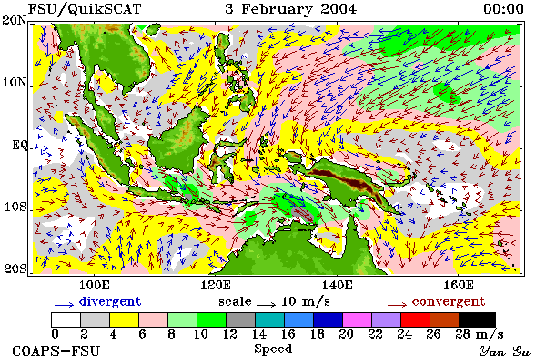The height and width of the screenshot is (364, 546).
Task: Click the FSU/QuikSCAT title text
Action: [x=85, y=9]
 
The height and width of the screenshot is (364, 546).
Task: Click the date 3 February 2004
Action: [x=291, y=9]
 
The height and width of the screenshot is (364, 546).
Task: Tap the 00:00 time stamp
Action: [x=503, y=9]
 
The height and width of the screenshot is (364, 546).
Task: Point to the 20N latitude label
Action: [x=15, y=20]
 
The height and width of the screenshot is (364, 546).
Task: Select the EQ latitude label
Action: [x=19, y=145]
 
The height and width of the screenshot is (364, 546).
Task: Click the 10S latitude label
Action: [x=15, y=207]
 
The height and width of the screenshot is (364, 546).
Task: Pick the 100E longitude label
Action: [x=95, y=285]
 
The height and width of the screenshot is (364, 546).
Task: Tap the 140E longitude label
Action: [x=337, y=285]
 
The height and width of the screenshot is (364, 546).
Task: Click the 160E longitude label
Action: [x=459, y=285]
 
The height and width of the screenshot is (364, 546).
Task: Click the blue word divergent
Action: [x=110, y=301]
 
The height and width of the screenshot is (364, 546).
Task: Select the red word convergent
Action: [x=449, y=301]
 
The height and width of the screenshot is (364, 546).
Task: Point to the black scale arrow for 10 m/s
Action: [x=267, y=305]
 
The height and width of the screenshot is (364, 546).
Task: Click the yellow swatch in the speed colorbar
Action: [x=125, y=319]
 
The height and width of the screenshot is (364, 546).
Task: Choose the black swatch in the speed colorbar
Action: [x=477, y=319]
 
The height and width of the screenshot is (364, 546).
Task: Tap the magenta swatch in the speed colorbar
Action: [x=358, y=319]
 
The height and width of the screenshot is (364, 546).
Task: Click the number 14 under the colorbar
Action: [x=258, y=334]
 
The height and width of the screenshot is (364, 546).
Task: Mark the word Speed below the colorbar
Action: [x=273, y=349]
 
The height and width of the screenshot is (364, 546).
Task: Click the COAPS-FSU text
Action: [x=56, y=350]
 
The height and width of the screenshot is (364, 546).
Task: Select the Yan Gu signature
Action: [x=504, y=351]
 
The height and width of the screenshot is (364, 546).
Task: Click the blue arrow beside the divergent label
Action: [x=64, y=305]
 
